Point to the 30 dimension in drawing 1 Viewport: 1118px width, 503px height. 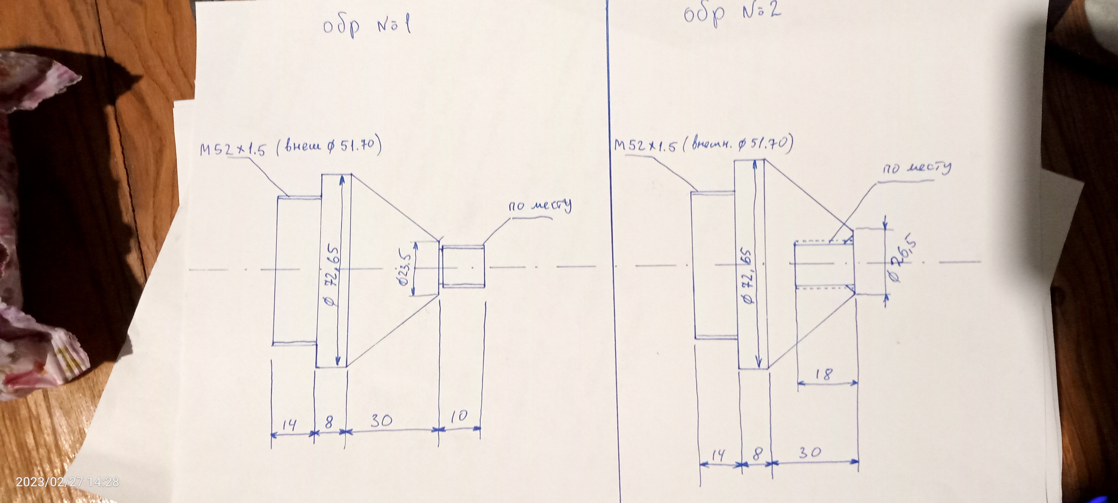[382, 420]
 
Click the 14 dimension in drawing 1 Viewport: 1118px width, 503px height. [289, 424]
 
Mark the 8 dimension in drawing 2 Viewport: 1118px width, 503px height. [757, 454]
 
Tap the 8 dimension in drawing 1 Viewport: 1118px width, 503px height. [329, 422]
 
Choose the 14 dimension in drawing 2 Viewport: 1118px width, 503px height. [718, 455]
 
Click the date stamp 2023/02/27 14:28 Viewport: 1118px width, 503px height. [67, 482]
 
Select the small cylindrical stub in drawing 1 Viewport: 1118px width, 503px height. [463, 266]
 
